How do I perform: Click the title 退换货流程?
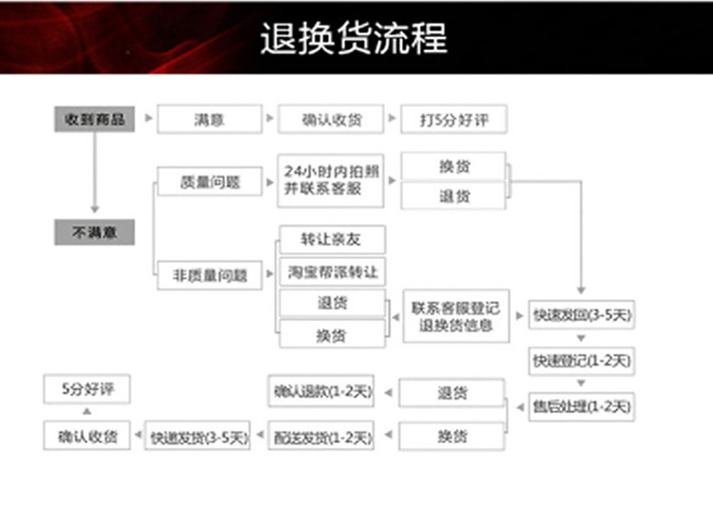[354, 38]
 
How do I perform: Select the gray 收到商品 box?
[94, 120]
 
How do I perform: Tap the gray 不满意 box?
[94, 232]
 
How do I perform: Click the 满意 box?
[209, 120]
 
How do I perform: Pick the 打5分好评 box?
[453, 120]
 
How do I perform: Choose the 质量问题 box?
[209, 181]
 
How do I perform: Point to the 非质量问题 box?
[209, 275]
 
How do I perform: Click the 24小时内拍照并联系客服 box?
[330, 180]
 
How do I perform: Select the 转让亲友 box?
[332, 239]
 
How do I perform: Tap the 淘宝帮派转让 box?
[332, 271]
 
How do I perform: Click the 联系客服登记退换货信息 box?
[456, 316]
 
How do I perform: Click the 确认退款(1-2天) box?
[321, 391]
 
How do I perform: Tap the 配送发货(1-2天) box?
[321, 437]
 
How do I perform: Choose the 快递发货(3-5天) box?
[198, 437]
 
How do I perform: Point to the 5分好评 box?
[87, 388]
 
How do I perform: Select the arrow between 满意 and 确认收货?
[269, 120]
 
